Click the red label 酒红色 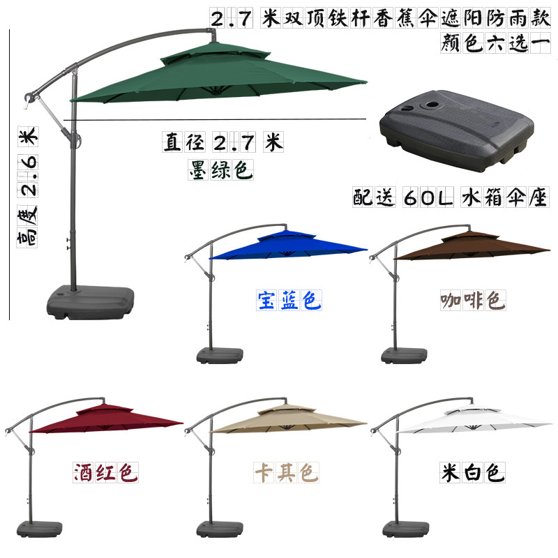click(x=105, y=473)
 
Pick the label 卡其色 click(x=285, y=473)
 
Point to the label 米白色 click(x=472, y=473)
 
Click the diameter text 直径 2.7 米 click(x=223, y=144)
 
